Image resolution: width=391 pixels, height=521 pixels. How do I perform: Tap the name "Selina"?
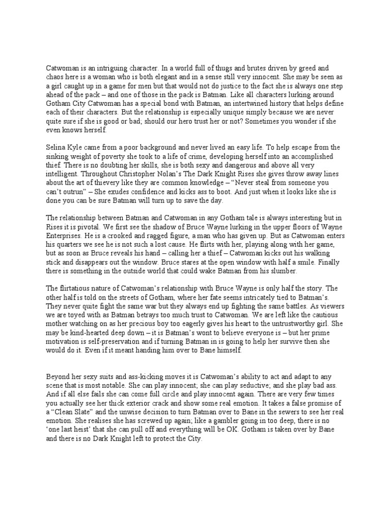(x=56, y=148)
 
